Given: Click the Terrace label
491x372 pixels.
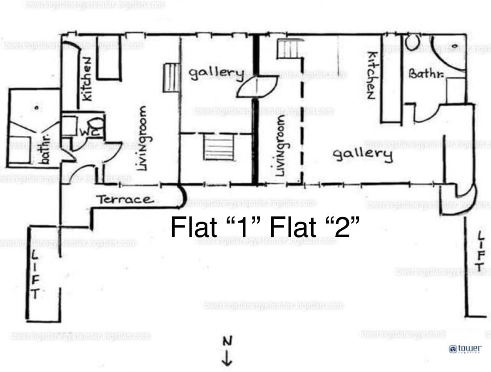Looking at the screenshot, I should [125, 200].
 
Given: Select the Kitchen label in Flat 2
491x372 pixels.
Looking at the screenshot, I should [371, 75].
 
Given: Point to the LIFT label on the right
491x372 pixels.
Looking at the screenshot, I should [481, 252].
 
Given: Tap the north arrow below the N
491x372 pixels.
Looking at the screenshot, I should [227, 358].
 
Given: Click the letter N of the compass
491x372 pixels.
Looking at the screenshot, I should [227, 342].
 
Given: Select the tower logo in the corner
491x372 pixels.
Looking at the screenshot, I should [465, 348].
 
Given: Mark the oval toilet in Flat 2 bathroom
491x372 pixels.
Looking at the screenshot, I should [413, 42].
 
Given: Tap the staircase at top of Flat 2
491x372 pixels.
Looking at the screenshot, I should [287, 49].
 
